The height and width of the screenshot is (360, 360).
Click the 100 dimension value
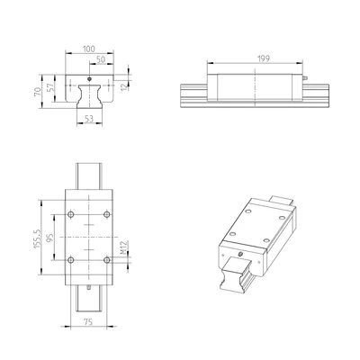89,49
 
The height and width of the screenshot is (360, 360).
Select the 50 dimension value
101,59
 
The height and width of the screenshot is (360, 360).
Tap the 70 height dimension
38,92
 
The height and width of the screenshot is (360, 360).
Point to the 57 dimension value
50,87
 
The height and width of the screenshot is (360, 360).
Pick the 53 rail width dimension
89,119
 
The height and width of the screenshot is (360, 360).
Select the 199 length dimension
264,58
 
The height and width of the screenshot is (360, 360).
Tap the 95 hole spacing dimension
49,238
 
